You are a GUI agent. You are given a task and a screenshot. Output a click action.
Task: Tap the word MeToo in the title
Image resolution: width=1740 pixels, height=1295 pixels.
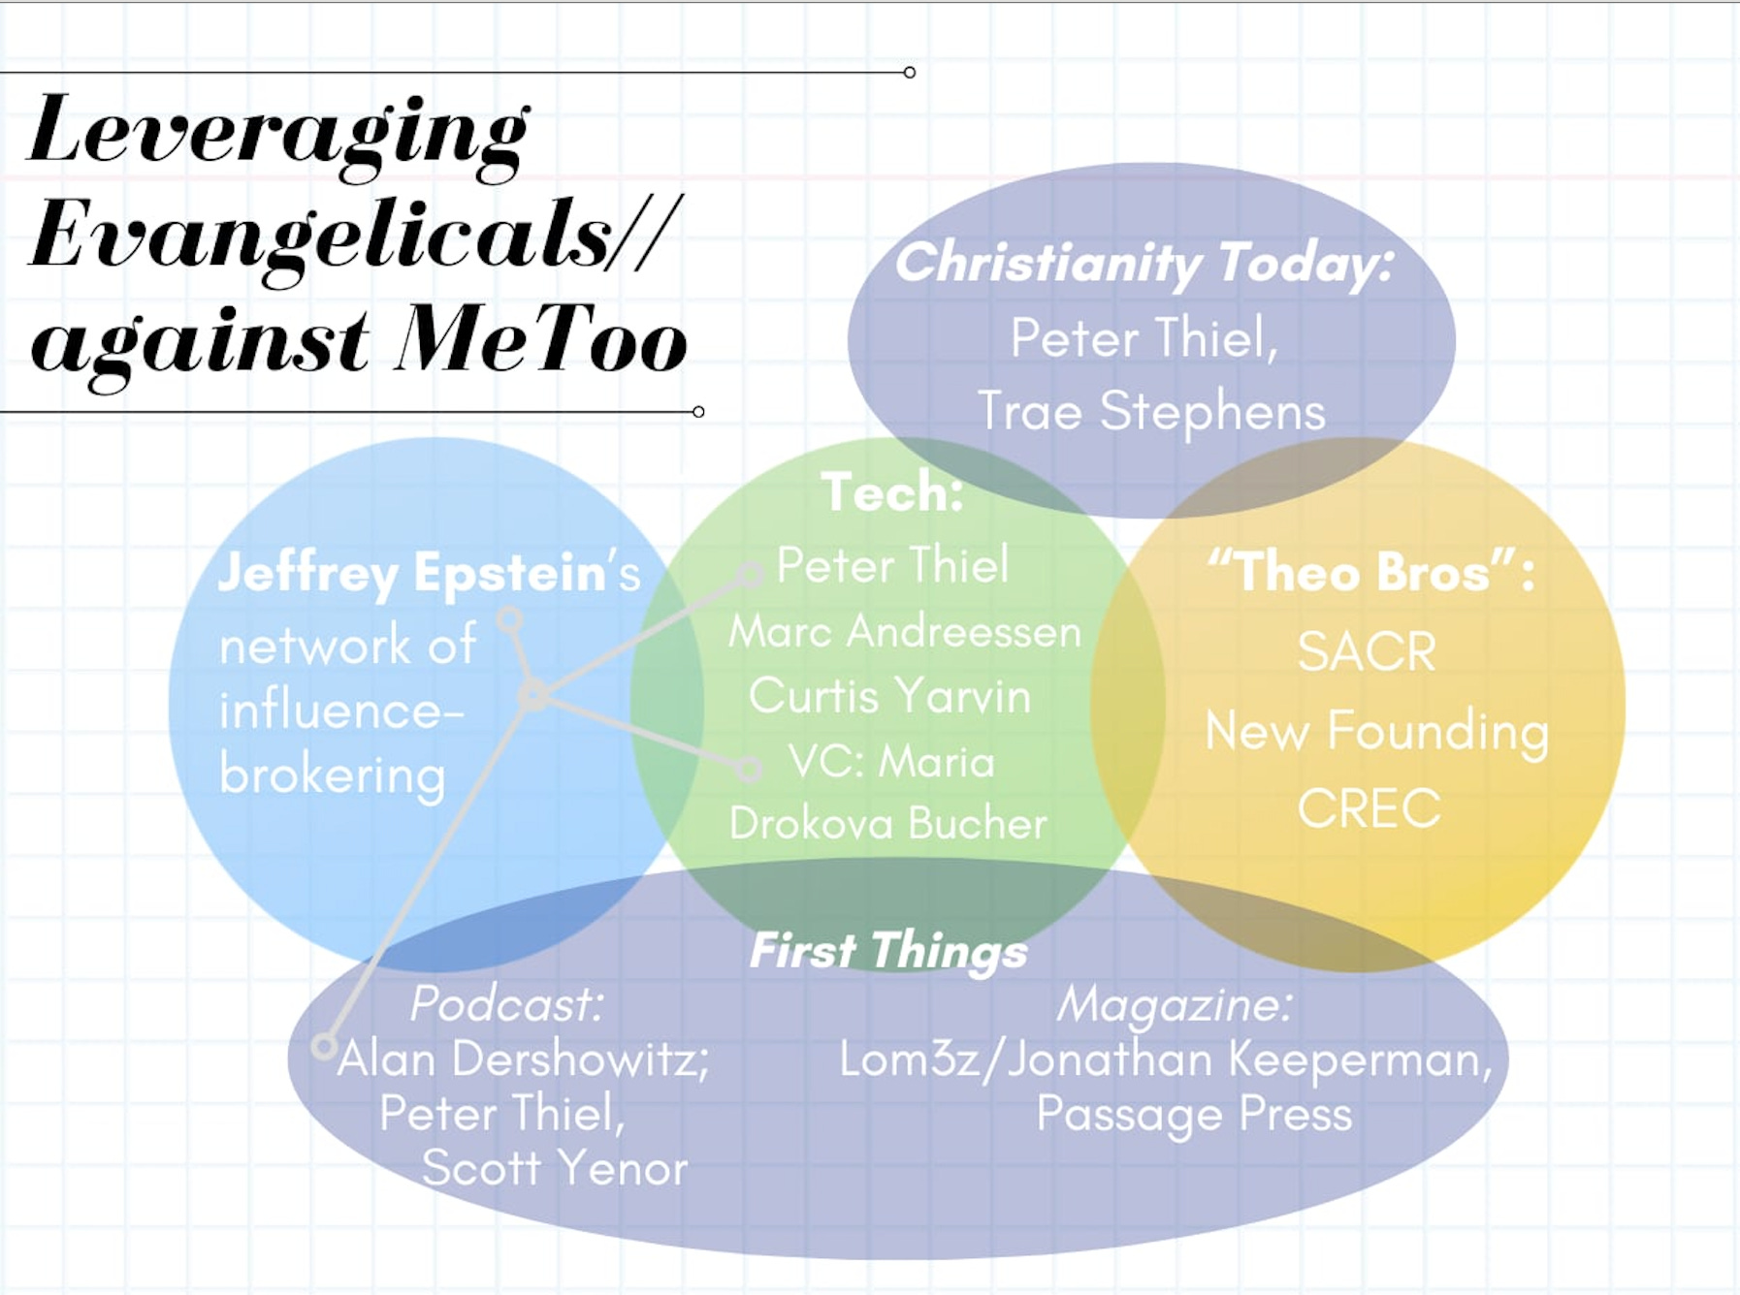click(x=541, y=341)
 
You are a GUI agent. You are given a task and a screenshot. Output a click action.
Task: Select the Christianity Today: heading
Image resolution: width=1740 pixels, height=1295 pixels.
click(x=1144, y=263)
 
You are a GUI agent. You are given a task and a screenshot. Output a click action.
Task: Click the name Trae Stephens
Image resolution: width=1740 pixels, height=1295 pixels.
click(x=1151, y=411)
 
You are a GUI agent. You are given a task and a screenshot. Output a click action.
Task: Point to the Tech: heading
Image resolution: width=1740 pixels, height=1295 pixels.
click(x=892, y=491)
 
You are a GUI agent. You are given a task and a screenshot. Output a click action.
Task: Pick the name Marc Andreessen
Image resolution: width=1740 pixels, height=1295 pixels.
click(x=904, y=632)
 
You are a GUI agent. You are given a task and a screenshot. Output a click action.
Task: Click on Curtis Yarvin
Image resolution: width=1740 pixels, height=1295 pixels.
click(x=889, y=696)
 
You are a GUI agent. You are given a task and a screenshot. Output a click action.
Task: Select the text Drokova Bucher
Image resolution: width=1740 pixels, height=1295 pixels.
click(x=887, y=824)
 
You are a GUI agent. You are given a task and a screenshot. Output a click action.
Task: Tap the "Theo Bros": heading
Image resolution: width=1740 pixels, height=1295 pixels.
click(x=1370, y=572)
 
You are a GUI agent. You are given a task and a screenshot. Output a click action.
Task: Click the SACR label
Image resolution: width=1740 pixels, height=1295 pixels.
click(x=1367, y=650)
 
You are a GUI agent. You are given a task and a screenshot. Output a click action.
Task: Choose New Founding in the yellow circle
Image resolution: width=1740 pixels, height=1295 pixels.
click(x=1376, y=730)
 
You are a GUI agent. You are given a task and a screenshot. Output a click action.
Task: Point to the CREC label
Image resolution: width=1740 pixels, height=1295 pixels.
click(x=1369, y=807)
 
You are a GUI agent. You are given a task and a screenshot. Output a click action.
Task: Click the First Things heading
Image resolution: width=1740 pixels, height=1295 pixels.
click(x=888, y=951)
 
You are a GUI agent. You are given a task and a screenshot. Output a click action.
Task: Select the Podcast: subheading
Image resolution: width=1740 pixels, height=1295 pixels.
click(x=506, y=1004)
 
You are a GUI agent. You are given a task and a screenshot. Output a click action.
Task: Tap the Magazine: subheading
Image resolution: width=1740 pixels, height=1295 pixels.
click(x=1175, y=1004)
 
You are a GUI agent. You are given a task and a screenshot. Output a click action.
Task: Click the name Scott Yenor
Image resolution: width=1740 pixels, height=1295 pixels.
click(x=555, y=1168)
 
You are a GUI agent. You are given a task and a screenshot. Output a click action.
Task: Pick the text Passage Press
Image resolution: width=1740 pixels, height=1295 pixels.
click(x=1194, y=1114)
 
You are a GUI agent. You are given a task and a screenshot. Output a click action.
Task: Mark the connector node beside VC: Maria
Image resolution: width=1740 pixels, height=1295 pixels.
click(x=749, y=770)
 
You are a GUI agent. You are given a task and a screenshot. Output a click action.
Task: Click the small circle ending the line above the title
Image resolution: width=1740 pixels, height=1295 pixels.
click(x=909, y=73)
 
